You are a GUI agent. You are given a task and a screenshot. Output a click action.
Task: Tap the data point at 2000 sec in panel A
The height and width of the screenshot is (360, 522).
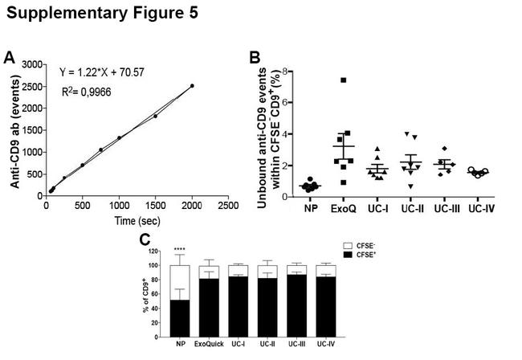[192, 85]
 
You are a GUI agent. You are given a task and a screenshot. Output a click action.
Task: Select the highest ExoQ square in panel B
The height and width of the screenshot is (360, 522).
[344, 80]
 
